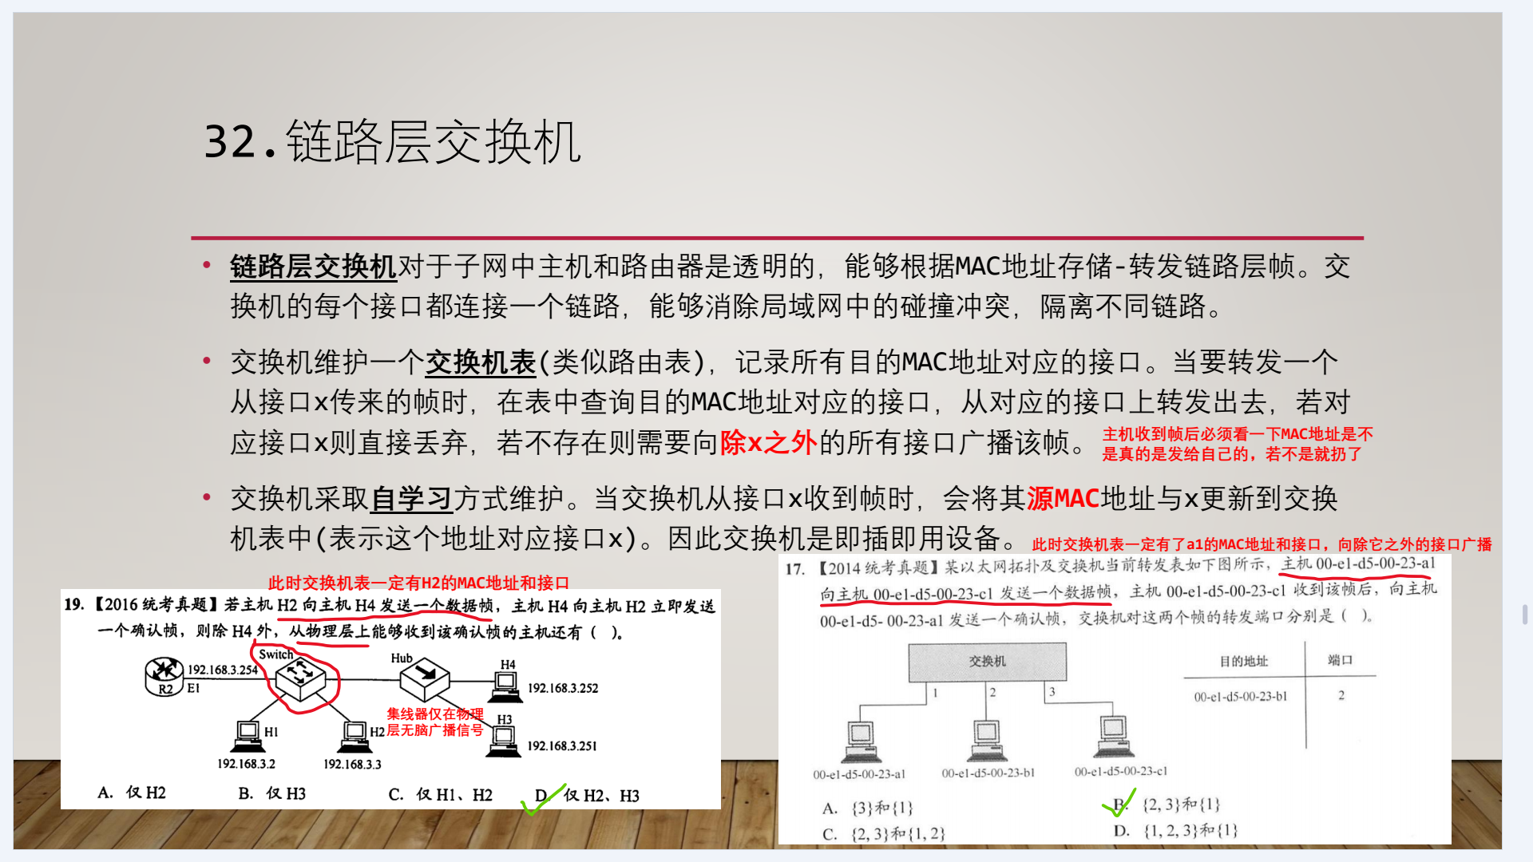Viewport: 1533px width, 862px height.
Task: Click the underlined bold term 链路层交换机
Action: pyautogui.click(x=313, y=267)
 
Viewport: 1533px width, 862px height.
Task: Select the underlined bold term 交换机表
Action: pyautogui.click(x=480, y=363)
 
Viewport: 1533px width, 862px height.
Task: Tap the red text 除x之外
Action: pyautogui.click(x=768, y=443)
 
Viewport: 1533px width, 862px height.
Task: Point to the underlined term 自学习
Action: pyautogui.click(x=412, y=500)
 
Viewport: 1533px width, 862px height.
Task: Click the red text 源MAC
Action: pyautogui.click(x=1063, y=500)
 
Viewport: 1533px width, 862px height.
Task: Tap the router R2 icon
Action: pyautogui.click(x=164, y=676)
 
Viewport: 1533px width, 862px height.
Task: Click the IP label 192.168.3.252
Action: pyautogui.click(x=563, y=688)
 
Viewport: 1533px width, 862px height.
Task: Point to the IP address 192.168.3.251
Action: pyautogui.click(x=562, y=746)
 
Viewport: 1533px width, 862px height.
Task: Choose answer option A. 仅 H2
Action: pyautogui.click(x=132, y=793)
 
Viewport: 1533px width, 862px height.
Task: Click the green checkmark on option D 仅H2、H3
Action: pyautogui.click(x=543, y=799)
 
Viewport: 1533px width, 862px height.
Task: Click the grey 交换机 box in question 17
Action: pyautogui.click(x=988, y=662)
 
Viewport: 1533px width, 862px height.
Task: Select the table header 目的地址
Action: pyautogui.click(x=1243, y=661)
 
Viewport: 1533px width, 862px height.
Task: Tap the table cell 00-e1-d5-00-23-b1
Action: pyautogui.click(x=1241, y=697)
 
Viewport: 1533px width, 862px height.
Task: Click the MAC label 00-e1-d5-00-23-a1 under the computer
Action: pyautogui.click(x=859, y=774)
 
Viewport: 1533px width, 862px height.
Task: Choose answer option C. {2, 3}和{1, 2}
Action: pyautogui.click(x=884, y=834)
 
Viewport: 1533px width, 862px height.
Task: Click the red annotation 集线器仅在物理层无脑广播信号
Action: pyautogui.click(x=435, y=722)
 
